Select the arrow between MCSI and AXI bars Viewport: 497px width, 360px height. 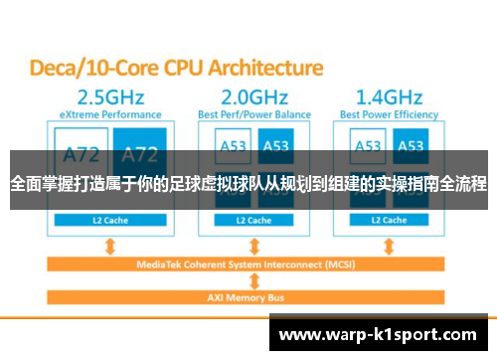pyautogui.click(x=256, y=279)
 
